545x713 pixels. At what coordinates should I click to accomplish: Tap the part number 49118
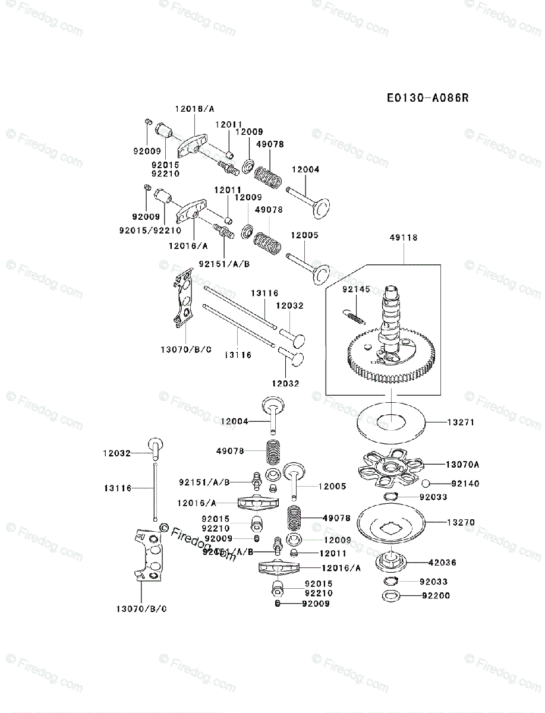coord(405,238)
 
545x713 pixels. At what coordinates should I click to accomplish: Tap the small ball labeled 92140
coord(426,483)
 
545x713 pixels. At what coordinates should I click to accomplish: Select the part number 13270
coord(461,522)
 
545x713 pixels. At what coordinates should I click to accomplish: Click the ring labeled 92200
coord(389,596)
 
